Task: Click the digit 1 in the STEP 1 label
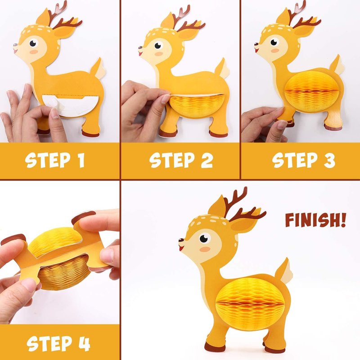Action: pyautogui.click(x=81, y=160)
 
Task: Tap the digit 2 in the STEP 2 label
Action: pyautogui.click(x=207, y=160)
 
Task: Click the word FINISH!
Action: pyautogui.click(x=315, y=220)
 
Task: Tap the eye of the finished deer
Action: pyautogui.click(x=204, y=238)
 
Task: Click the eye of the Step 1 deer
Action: pyautogui.click(x=33, y=43)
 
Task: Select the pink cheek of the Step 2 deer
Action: pyautogui.click(x=159, y=54)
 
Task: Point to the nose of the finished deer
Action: pyautogui.click(x=181, y=240)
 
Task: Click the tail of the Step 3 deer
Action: pyautogui.click(x=337, y=65)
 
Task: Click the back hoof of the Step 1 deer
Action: pyautogui.click(x=91, y=133)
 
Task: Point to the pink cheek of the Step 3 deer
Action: pyautogui.click(x=275, y=50)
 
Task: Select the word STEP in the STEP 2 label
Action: pyautogui.click(x=172, y=160)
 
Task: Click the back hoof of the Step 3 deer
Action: pyautogui.click(x=333, y=127)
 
